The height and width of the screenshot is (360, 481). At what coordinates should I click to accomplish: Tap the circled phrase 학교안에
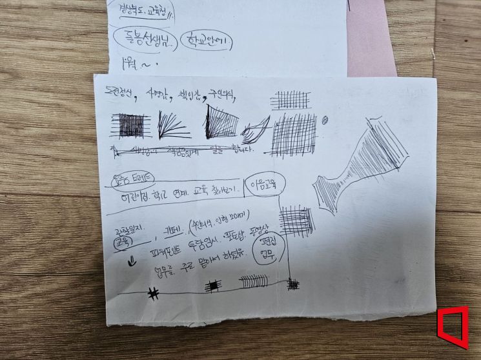207,41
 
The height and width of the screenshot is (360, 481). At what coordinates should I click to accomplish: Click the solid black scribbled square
132,125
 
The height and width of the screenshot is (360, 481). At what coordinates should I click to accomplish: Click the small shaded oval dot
325,119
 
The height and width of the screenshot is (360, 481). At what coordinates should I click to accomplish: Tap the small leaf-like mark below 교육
132,262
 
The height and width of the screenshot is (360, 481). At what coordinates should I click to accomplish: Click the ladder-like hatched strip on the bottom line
251,283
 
